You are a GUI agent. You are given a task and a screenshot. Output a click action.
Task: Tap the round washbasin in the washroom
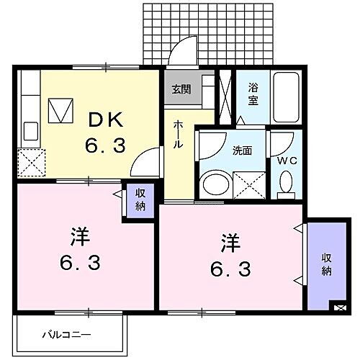[214, 184]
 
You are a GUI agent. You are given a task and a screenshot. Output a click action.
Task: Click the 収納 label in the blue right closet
[326, 264]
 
